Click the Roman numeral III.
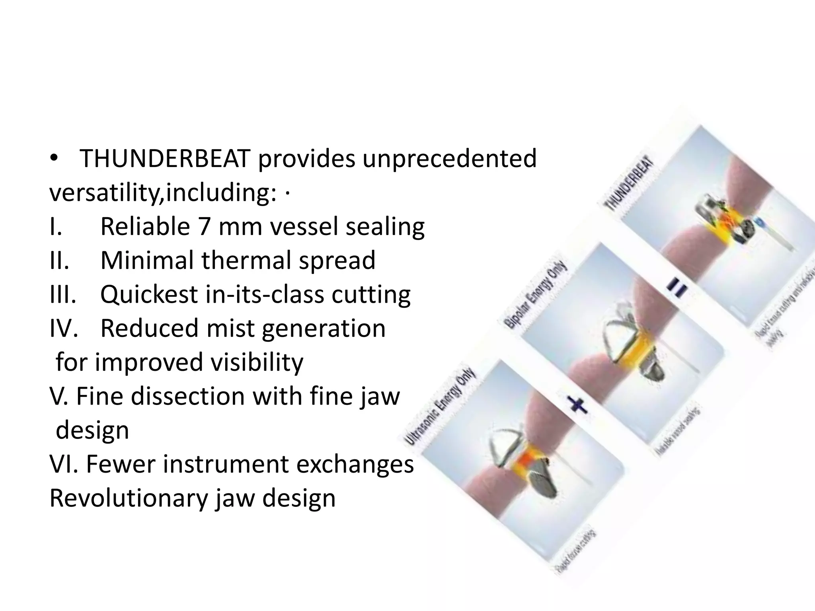pos(63,294)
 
